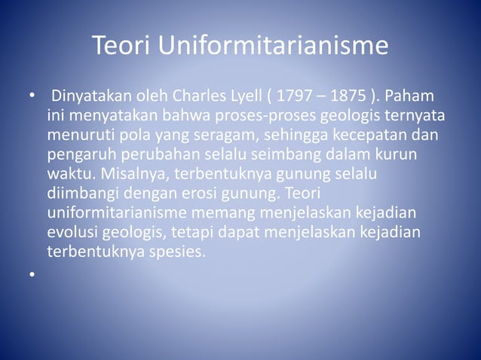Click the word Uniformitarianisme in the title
273,47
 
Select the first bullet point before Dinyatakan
32,98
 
